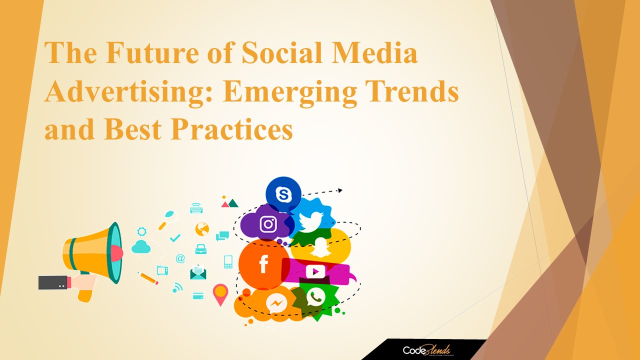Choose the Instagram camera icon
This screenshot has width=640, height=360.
point(268,224)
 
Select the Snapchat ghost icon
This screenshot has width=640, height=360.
point(320,246)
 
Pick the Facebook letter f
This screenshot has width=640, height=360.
point(263,264)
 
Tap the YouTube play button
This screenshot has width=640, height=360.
point(315,271)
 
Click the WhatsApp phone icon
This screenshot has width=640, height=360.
point(315,297)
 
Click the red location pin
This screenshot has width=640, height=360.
point(220,293)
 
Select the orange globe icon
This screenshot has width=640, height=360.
point(202,229)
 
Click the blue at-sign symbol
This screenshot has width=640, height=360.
point(180,258)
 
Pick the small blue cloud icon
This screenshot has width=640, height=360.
point(141,246)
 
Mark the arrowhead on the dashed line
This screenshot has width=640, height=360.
point(339,190)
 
